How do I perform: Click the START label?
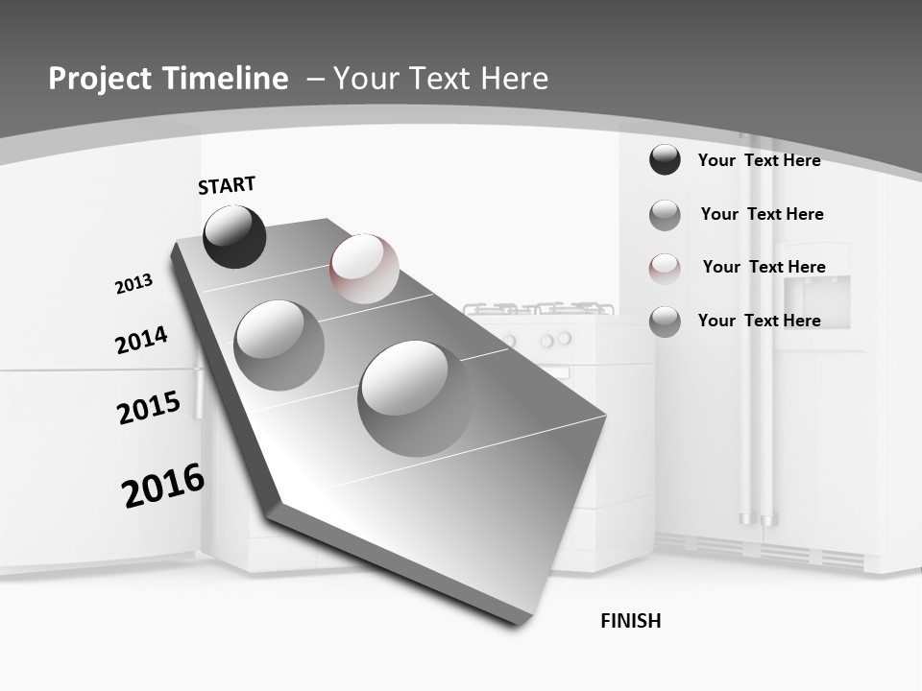(x=227, y=185)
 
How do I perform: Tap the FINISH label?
(x=631, y=621)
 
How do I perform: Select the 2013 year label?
(x=133, y=284)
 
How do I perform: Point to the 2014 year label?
(x=141, y=341)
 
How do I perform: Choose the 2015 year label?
(x=148, y=408)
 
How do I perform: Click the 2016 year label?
(x=163, y=486)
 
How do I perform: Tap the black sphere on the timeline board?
(x=234, y=237)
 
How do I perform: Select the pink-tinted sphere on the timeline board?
(x=364, y=268)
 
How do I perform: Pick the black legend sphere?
(x=665, y=159)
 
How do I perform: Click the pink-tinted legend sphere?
(x=665, y=268)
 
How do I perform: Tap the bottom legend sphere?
(x=665, y=321)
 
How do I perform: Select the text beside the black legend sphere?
(x=759, y=160)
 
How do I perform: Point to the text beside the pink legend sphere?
(x=764, y=267)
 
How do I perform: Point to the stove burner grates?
(x=539, y=309)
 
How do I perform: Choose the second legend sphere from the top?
(x=665, y=215)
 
